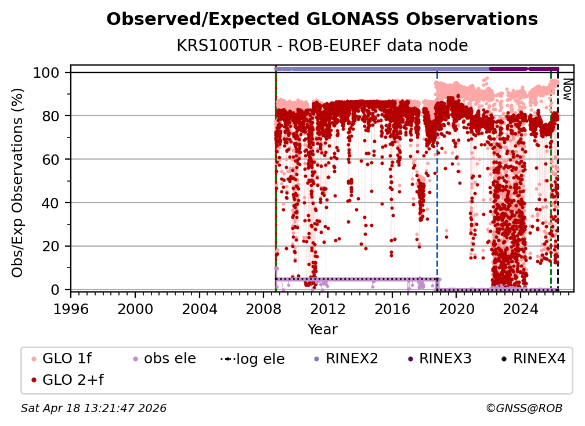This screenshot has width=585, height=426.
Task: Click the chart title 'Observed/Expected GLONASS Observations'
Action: [x=322, y=19]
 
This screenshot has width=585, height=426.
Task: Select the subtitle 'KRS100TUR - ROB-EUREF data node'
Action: [x=322, y=45]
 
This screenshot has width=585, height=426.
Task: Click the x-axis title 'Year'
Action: [x=322, y=330]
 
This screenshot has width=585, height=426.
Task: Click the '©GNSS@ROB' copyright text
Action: [x=524, y=409]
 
